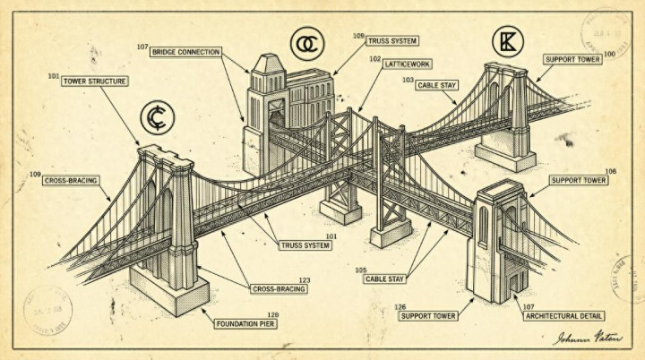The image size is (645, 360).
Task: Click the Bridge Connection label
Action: tap(186, 52)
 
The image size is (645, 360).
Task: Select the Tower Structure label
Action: tap(95, 81)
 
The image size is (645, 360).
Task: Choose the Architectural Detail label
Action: tap(563, 315)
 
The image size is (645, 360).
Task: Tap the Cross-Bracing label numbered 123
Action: tap(279, 288)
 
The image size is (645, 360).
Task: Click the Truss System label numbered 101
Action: tap(305, 244)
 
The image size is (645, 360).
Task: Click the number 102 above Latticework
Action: tap(375, 57)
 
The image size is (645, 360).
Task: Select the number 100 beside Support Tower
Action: tap(609, 55)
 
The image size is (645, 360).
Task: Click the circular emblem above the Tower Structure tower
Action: tap(158, 117)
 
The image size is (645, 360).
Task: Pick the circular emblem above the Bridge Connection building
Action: tap(305, 42)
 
